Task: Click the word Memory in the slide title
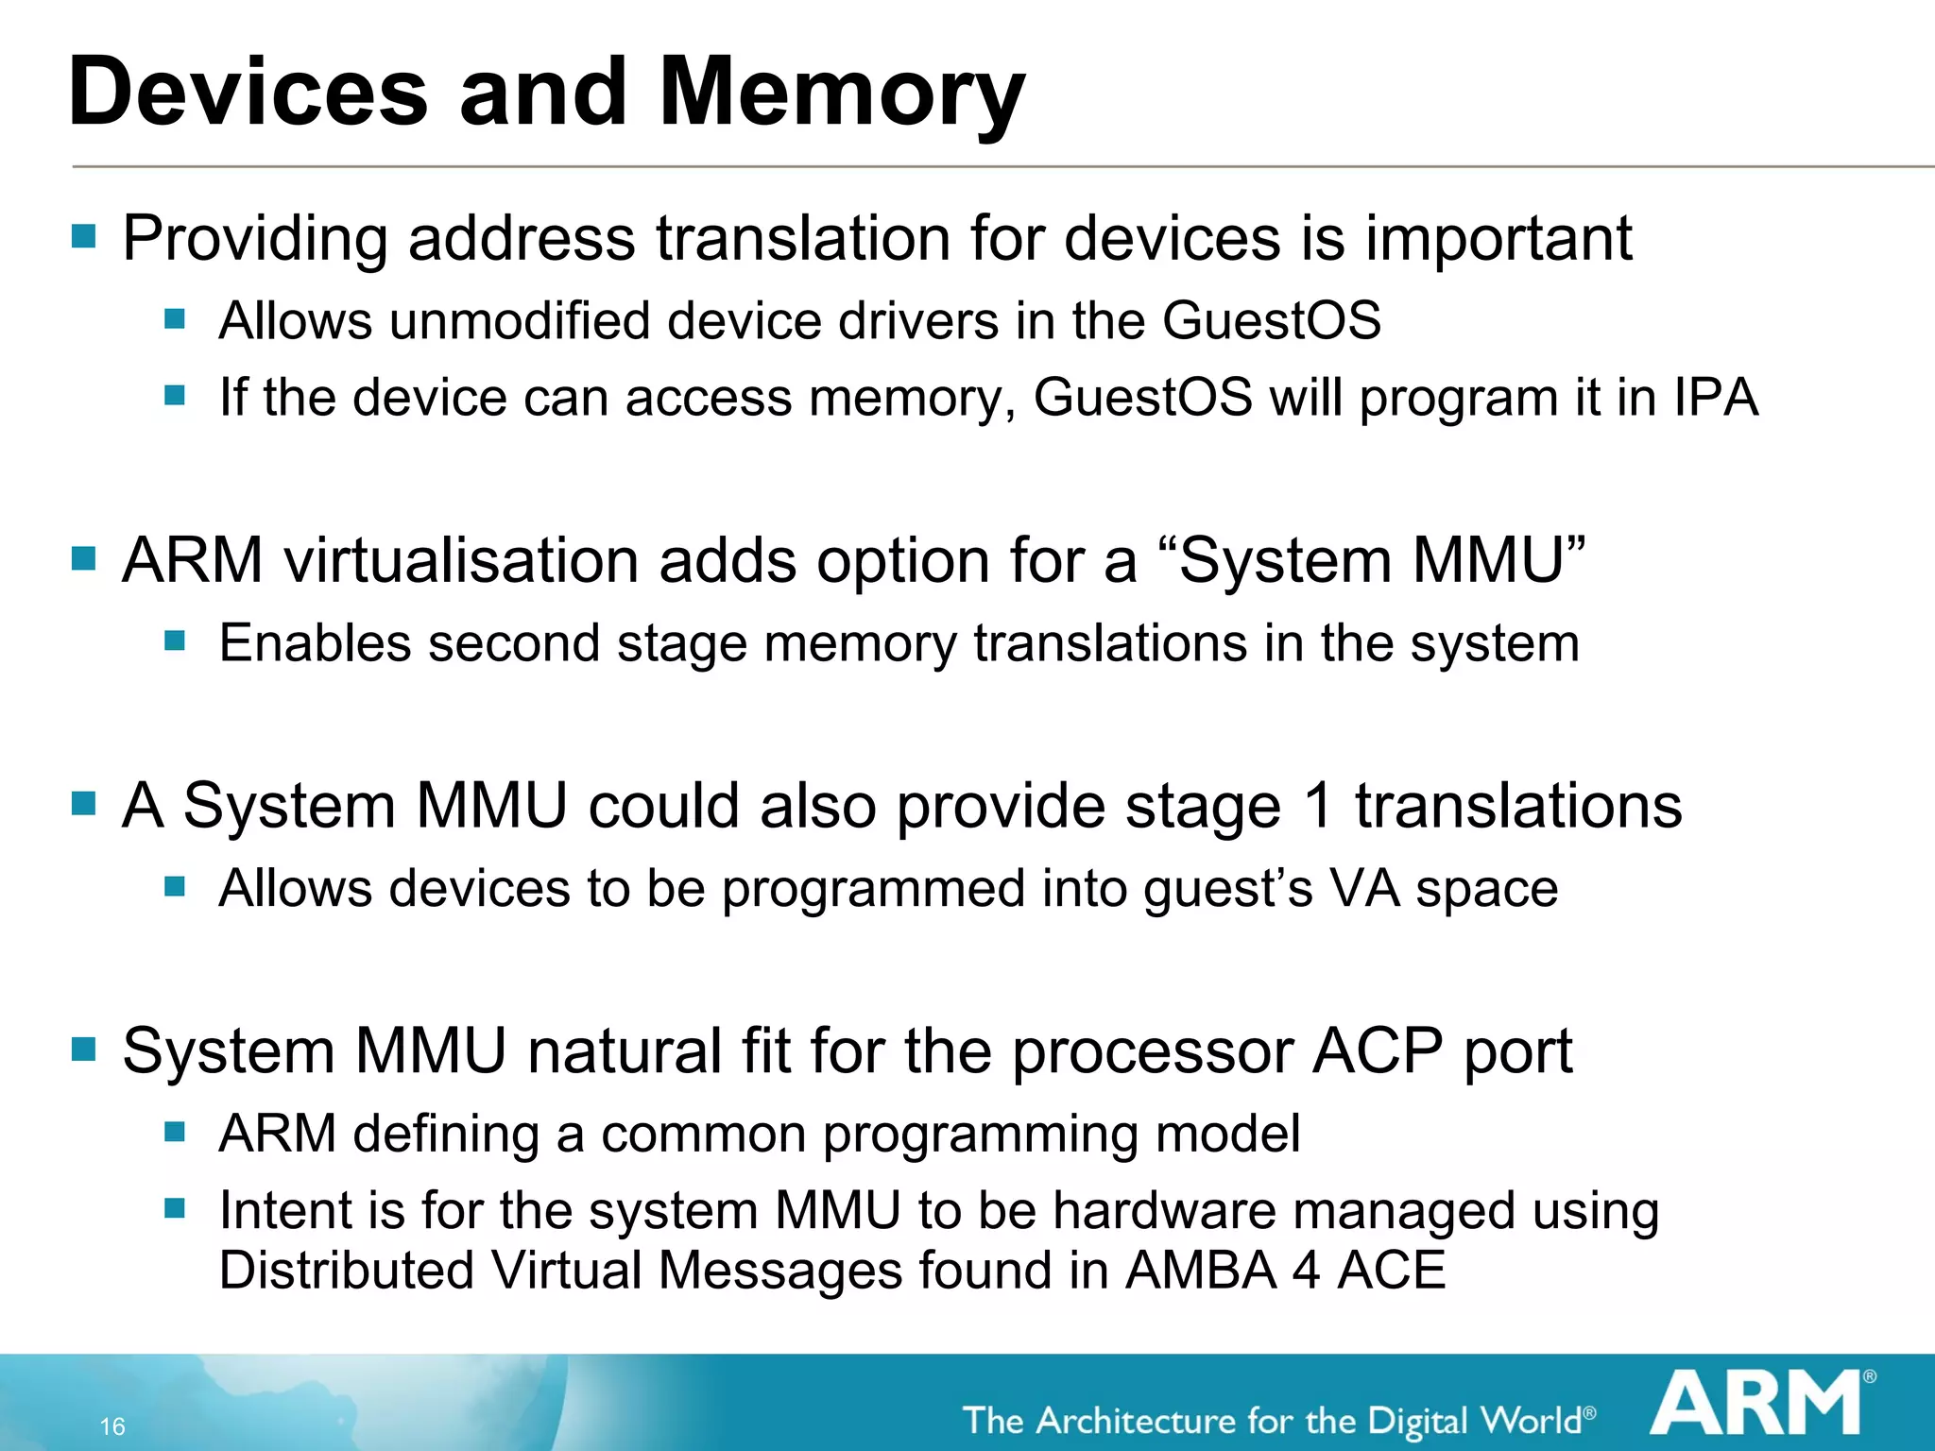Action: [841, 93]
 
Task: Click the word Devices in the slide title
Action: [248, 93]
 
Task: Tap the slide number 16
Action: [112, 1426]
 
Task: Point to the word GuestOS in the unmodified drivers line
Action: [1271, 320]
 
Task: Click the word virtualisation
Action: [462, 560]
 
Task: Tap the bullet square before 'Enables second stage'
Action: [175, 641]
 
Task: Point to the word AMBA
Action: [1199, 1270]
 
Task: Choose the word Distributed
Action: [346, 1270]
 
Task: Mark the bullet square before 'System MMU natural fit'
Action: [84, 1049]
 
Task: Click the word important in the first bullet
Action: [1498, 238]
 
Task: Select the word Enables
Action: [316, 643]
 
